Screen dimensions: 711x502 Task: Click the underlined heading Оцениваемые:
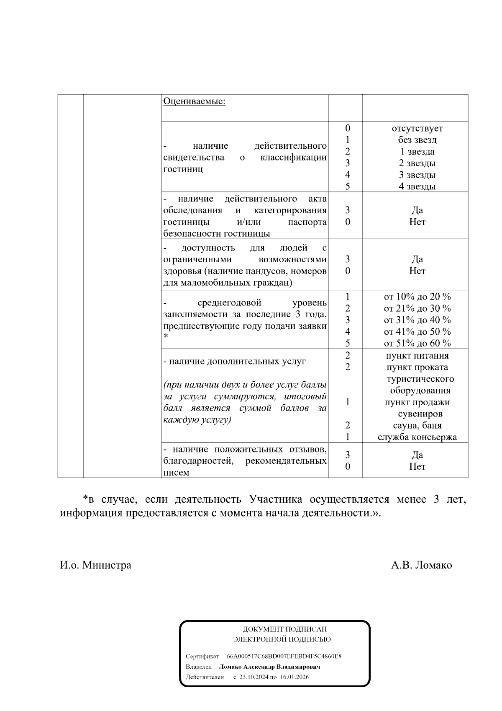tap(194, 101)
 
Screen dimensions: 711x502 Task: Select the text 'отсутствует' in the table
tap(417, 128)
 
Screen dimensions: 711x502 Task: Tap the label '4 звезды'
tap(417, 186)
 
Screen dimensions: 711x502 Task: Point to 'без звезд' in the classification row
tap(417, 140)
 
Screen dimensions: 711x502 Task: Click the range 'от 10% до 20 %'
tap(417, 297)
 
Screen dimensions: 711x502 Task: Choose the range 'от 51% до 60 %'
tap(417, 343)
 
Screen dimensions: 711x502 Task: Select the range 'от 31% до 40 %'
tap(417, 320)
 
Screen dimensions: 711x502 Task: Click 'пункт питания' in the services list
tap(417, 356)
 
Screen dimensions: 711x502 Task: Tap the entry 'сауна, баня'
tap(417, 426)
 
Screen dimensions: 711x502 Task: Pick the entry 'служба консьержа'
tap(417, 437)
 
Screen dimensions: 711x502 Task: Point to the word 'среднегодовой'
tap(229, 303)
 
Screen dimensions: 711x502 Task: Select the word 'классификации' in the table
tap(293, 158)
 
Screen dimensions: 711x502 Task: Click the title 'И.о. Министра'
tap(95, 565)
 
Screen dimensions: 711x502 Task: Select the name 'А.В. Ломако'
tap(421, 565)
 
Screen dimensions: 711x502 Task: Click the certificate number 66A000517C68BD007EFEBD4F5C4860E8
tap(284, 656)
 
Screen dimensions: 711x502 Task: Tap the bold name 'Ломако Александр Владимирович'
tap(269, 667)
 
